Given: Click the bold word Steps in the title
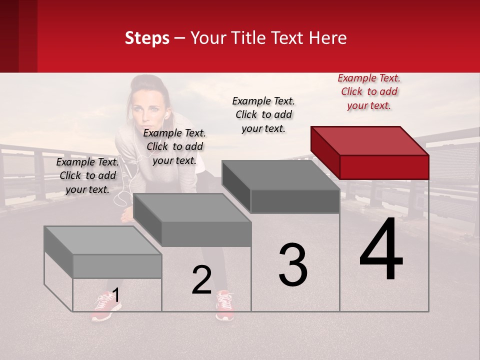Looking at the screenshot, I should coord(147,38).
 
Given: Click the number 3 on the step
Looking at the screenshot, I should coord(293,265).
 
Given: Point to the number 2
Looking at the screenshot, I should coord(201,280).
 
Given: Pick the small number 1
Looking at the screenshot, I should coord(115,295).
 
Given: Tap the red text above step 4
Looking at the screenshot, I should coord(369,91).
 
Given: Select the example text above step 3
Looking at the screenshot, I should coord(263,114).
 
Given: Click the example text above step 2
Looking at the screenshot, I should coord(174,146).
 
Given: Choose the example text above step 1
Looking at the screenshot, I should coord(87,175).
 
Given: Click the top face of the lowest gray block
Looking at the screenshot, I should coord(103,240).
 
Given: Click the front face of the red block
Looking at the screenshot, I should coord(384,167).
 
